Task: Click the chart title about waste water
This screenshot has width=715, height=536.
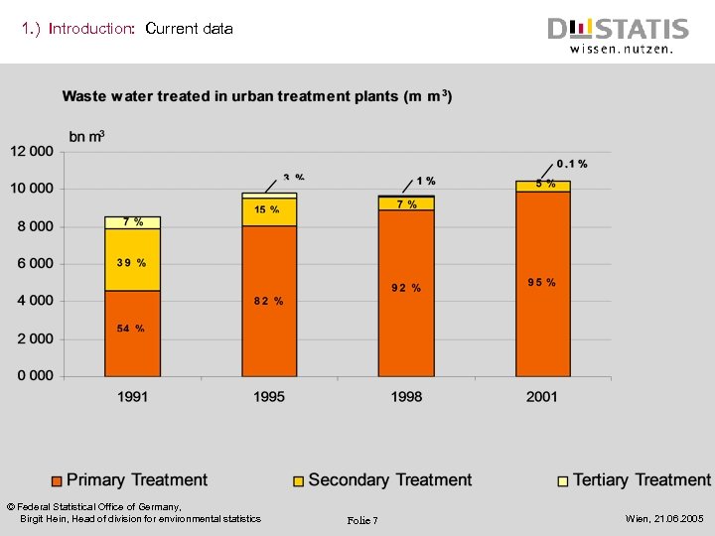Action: click(257, 96)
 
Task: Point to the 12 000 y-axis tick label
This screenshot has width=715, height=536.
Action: click(33, 151)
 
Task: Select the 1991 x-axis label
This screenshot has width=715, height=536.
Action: click(133, 396)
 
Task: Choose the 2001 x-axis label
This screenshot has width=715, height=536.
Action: click(542, 396)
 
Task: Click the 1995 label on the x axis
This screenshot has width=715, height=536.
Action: click(269, 396)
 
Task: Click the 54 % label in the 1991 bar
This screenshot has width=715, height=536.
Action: click(131, 329)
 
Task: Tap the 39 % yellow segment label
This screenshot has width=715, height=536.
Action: click(131, 263)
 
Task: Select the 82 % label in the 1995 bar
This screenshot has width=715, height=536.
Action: click(269, 301)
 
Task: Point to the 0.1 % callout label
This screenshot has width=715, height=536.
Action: click(572, 164)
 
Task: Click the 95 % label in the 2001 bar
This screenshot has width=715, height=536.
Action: click(542, 283)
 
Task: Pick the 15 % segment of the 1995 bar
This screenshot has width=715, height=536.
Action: click(267, 210)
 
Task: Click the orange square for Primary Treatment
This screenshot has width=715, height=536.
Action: click(57, 481)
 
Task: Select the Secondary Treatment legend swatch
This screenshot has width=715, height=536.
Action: click(298, 481)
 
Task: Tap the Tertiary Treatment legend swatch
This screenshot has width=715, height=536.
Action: click(563, 481)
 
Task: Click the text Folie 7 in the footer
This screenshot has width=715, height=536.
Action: click(362, 521)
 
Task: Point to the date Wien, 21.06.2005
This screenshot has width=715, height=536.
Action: click(664, 519)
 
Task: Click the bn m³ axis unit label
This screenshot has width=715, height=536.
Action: click(86, 135)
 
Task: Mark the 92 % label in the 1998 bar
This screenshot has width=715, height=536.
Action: click(406, 288)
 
